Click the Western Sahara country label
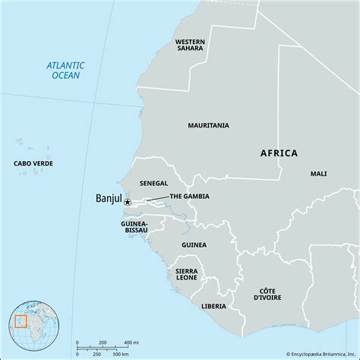190,46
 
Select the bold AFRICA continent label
279,153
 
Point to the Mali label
318,174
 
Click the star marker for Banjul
128,203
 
